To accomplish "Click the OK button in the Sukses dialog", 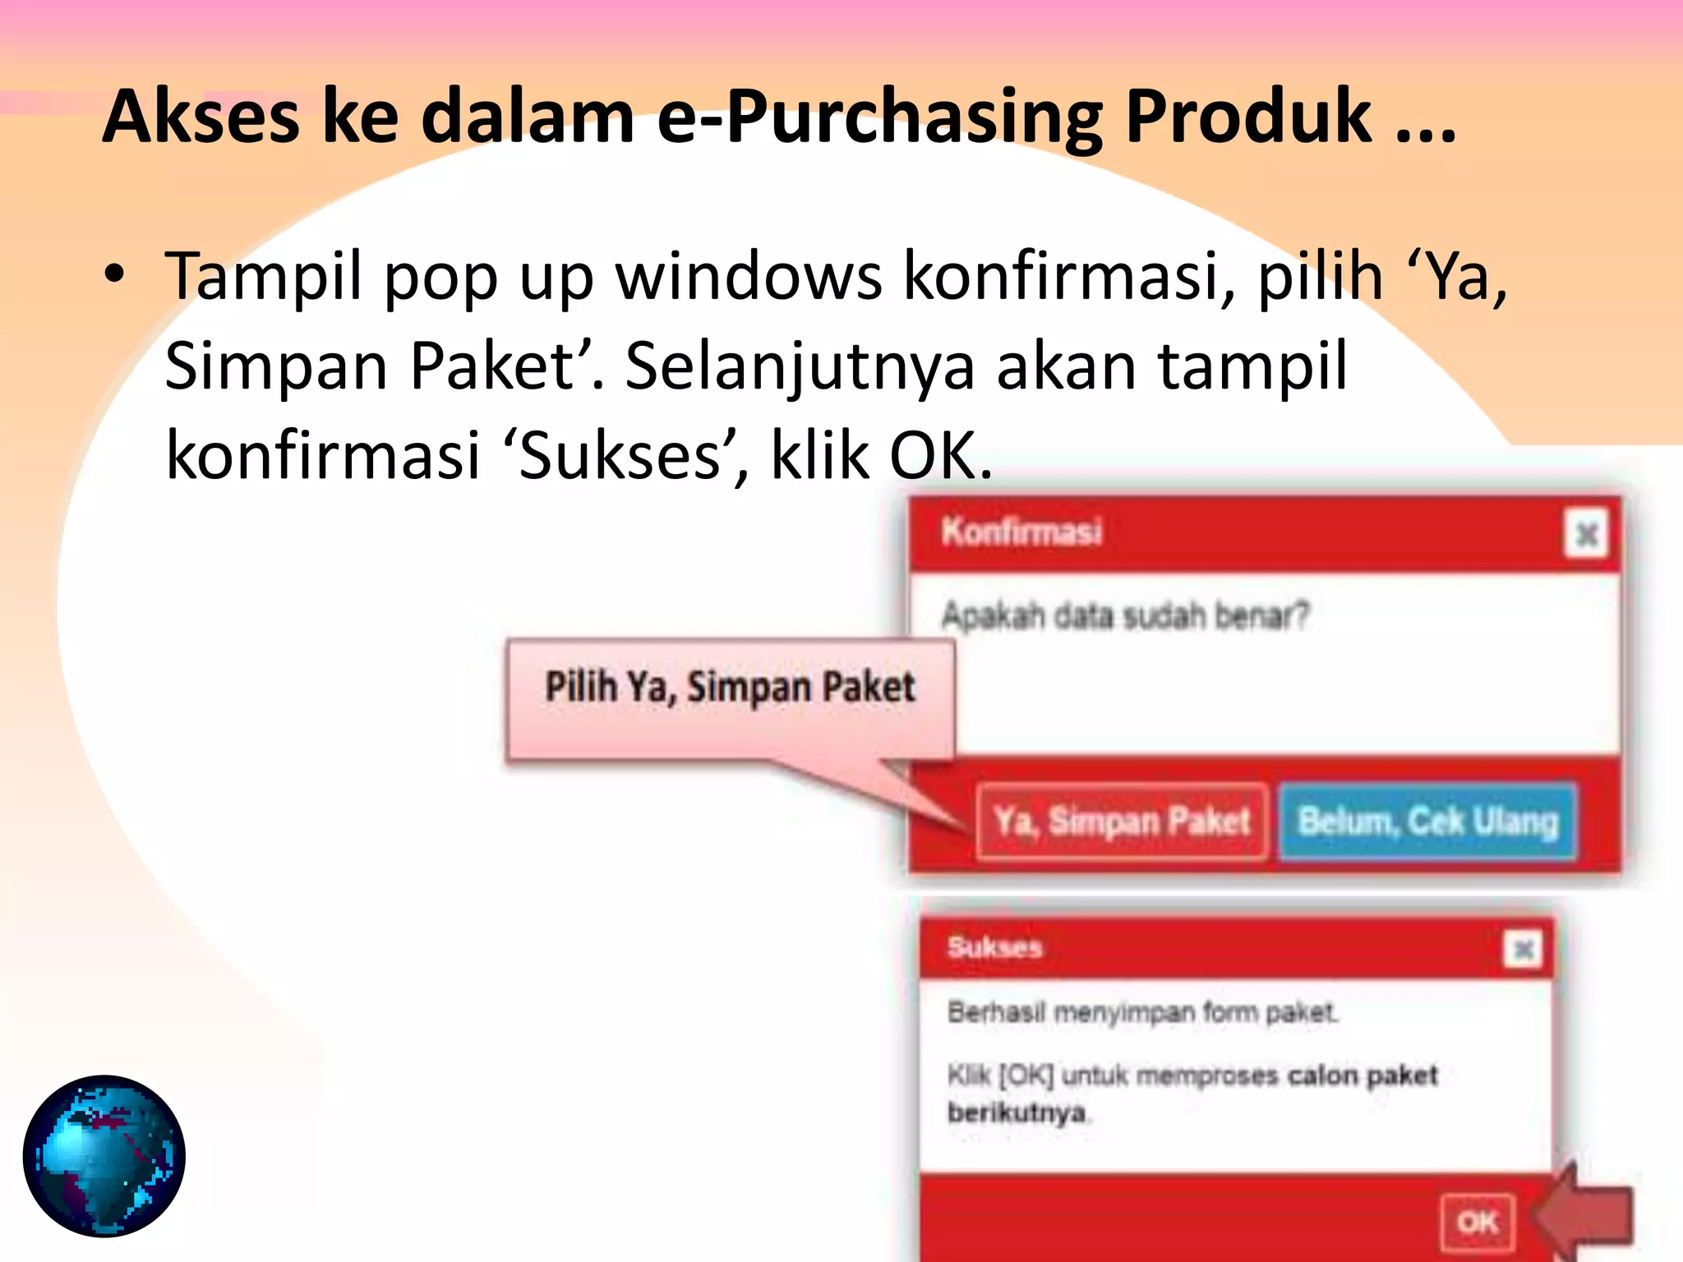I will [1477, 1223].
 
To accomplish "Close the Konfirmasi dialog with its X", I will [1586, 534].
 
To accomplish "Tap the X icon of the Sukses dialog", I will [1523, 950].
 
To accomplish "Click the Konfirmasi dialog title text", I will [1021, 532].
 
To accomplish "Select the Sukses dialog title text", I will [994, 947].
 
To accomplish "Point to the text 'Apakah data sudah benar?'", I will [1125, 615].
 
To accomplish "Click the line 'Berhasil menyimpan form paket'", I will [1142, 1012].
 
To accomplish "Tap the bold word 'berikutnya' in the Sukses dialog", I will [1017, 1112].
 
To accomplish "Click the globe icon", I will [104, 1156].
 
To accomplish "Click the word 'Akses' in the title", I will [201, 117].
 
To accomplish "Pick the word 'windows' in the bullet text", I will [749, 276].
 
